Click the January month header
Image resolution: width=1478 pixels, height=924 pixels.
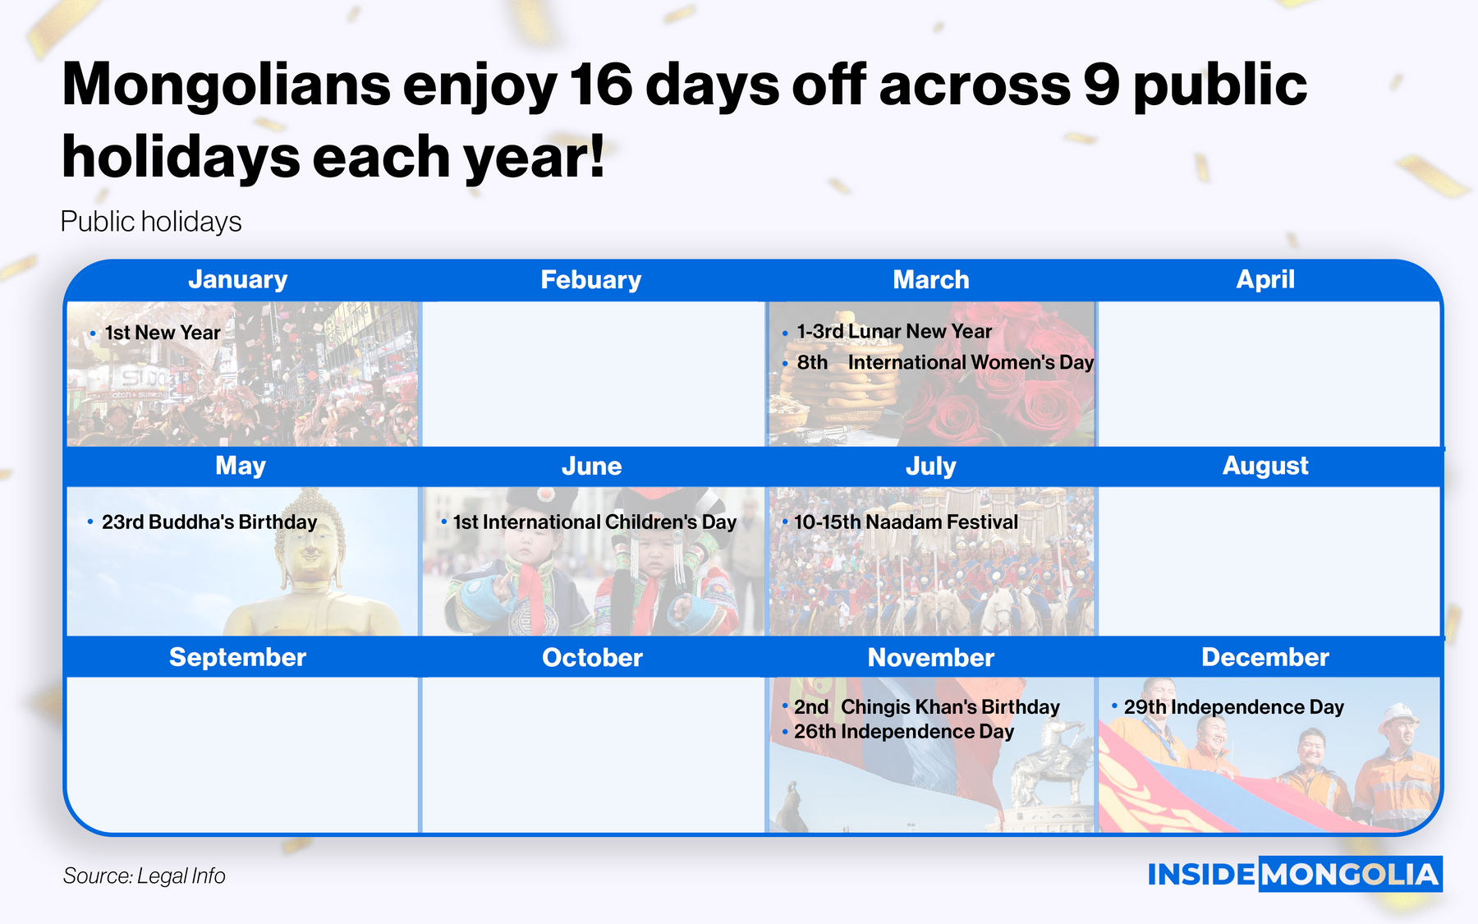pos(238,279)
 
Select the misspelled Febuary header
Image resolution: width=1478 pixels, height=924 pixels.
pos(591,279)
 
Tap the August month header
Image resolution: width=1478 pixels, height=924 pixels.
pos(1265,466)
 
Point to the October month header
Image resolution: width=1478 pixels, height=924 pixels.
pos(592,657)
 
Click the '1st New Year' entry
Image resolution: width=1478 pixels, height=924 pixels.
pos(163,333)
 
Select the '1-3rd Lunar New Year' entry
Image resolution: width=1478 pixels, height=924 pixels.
pos(894,331)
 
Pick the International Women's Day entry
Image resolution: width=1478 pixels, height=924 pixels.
pos(945,362)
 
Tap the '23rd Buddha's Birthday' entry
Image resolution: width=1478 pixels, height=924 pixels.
pos(209,522)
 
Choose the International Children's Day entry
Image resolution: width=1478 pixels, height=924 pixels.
pos(594,522)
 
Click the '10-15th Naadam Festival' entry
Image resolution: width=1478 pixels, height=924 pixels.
pos(906,522)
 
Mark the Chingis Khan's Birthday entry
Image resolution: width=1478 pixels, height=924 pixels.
pos(927,706)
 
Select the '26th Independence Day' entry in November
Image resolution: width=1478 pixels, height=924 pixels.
pos(904,731)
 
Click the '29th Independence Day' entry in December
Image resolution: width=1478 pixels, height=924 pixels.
pos(1234,706)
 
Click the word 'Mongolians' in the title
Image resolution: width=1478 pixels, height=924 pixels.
pos(227,85)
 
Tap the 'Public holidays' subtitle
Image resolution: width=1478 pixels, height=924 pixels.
pos(151,222)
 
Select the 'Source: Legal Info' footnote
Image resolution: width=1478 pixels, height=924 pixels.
pos(145,876)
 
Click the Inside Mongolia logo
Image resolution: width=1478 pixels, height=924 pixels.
pos(1295,874)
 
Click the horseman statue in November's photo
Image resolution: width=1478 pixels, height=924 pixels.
pos(1047,760)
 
